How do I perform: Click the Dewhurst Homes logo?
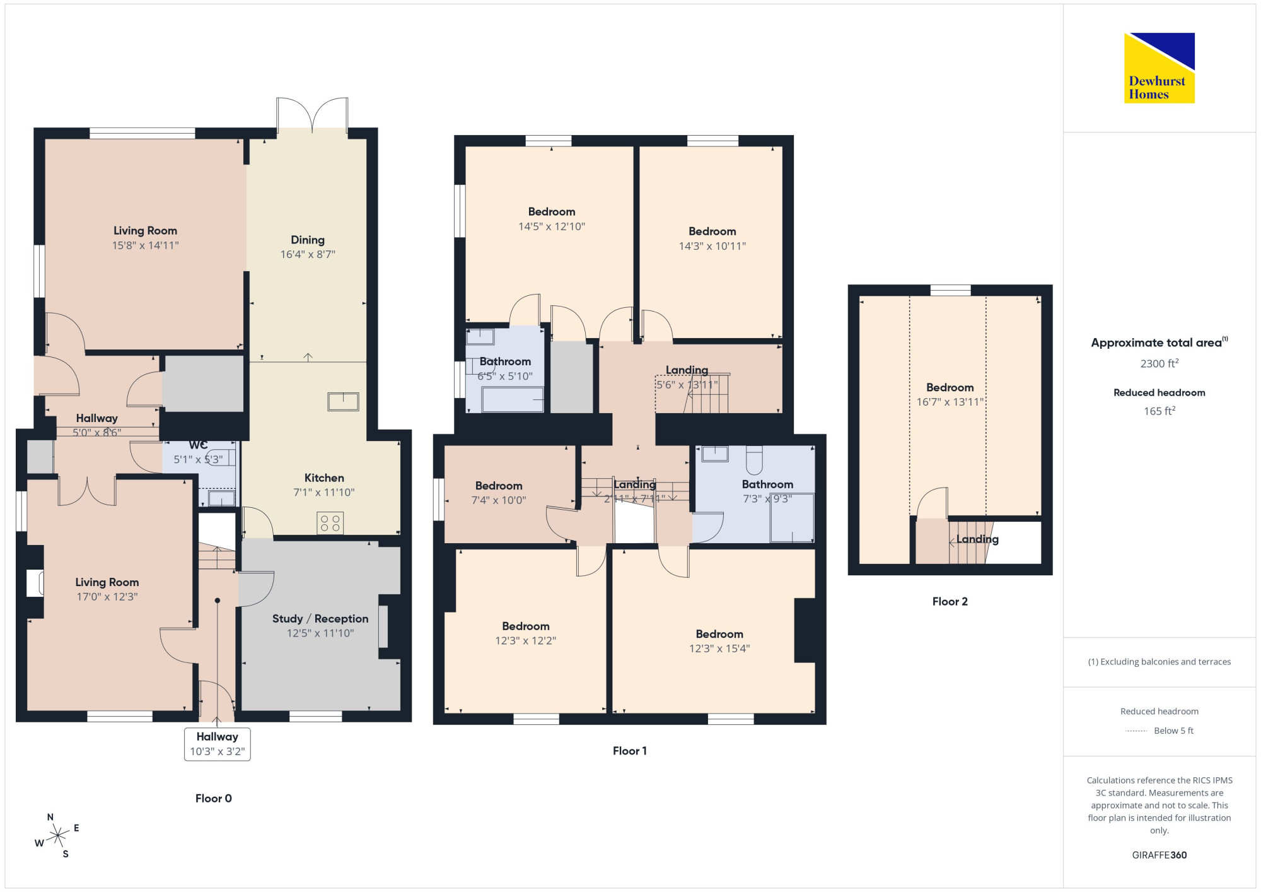point(1159,67)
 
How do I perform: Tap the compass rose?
point(58,836)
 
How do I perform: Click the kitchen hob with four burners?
point(330,523)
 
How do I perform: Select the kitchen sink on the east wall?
point(344,402)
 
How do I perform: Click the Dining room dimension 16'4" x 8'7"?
point(308,254)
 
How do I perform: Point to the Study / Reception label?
point(320,619)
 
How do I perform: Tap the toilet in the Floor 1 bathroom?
point(754,460)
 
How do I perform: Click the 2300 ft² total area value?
point(1159,363)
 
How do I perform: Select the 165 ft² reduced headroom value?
point(1159,411)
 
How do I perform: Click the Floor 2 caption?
point(950,601)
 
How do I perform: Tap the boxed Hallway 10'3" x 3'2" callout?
point(218,744)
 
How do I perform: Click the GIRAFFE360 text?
point(1159,855)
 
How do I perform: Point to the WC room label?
point(198,445)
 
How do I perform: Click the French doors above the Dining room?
point(312,114)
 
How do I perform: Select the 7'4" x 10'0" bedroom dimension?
point(499,500)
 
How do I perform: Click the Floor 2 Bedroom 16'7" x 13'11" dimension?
point(950,402)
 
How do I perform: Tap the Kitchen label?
point(324,478)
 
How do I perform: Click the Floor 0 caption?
point(214,798)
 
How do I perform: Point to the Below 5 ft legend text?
point(1173,731)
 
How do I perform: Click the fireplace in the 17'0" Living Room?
point(35,583)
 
